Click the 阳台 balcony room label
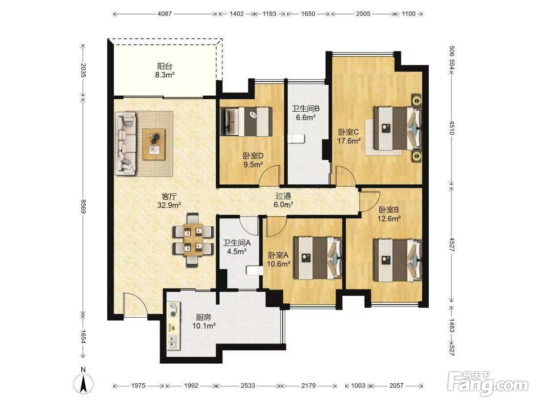point(164,66)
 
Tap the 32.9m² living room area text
point(169,205)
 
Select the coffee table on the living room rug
point(154,144)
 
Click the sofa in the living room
point(126,143)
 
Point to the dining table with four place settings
point(193,239)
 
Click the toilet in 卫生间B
point(296,139)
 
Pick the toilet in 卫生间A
point(254,271)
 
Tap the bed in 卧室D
point(246,121)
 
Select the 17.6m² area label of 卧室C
point(349,141)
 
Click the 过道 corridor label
point(283,196)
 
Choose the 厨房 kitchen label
point(203,317)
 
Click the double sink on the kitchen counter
point(173,341)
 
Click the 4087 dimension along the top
point(164,14)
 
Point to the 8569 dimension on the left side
point(84,206)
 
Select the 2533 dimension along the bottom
point(248,385)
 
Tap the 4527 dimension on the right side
point(452,245)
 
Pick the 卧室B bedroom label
point(389,209)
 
